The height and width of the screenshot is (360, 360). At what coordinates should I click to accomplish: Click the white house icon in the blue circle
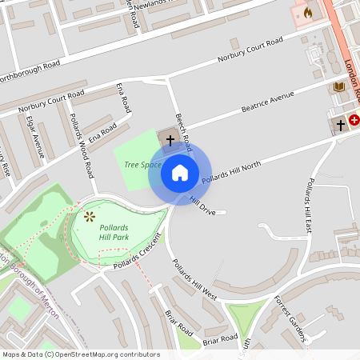tap(180, 172)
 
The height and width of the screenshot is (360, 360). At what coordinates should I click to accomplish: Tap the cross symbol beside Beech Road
tap(170, 139)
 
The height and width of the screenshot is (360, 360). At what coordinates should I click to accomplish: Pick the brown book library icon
tap(339, 86)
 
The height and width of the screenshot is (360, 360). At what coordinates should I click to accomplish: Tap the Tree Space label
tap(142, 165)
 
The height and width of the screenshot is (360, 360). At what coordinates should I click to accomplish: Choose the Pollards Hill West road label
tap(194, 279)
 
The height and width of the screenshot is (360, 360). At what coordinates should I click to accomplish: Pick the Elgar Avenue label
tap(35, 136)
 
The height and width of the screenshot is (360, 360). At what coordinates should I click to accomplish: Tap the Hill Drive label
tap(202, 206)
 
